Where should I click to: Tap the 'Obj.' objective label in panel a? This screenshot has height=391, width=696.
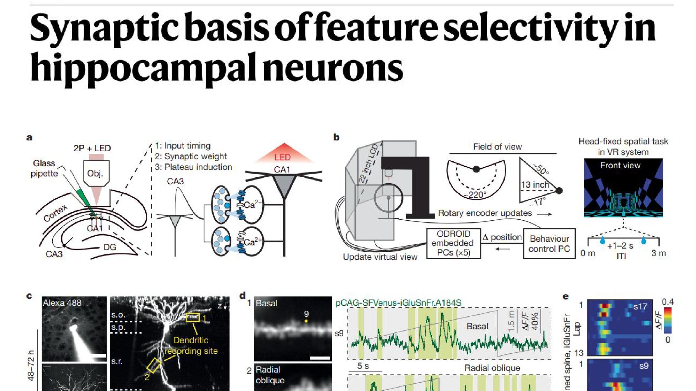[95, 173]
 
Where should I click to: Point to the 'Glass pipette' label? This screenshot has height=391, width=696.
[44, 168]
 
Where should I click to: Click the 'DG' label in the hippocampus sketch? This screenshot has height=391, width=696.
[110, 247]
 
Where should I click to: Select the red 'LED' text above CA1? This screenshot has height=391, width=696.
[282, 157]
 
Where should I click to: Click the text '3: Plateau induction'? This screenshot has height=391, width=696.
[193, 167]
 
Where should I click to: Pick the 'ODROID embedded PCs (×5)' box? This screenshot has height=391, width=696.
[453, 243]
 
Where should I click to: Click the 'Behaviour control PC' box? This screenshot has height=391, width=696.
[549, 244]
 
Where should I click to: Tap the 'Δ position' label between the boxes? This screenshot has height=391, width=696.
[502, 237]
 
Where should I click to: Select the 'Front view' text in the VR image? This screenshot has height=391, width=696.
[620, 165]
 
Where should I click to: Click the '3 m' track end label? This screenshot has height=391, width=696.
[658, 253]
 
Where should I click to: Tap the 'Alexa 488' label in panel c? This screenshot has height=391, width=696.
[62, 303]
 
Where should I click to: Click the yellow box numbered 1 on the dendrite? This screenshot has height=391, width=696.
[193, 317]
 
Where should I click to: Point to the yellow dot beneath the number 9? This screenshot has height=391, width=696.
[306, 321]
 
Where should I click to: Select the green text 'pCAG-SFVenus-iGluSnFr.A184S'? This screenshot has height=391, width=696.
[398, 303]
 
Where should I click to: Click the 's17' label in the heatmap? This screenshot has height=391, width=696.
[641, 307]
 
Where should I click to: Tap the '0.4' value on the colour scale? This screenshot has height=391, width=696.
[668, 302]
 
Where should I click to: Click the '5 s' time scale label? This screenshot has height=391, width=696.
[363, 366]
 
